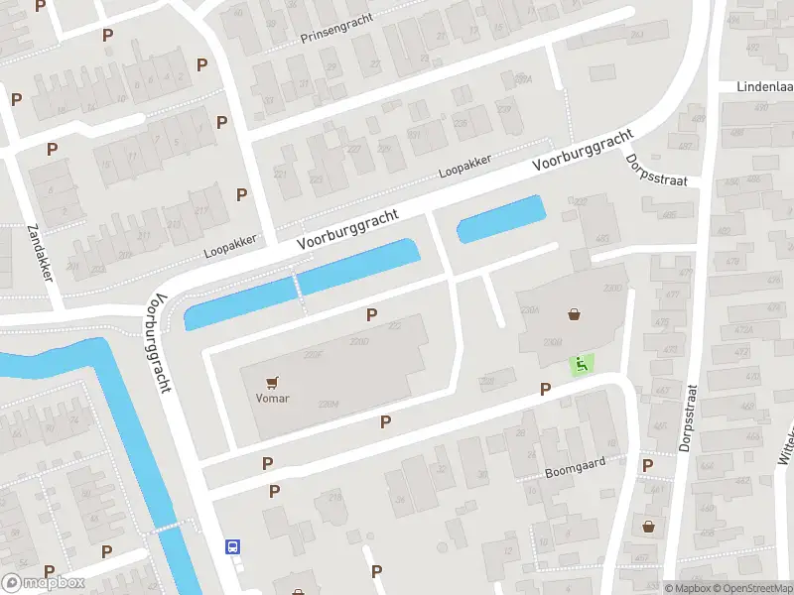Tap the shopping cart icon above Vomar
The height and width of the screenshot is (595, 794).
click(272, 382)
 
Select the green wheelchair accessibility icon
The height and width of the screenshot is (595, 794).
click(580, 364)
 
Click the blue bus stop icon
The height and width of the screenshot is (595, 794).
click(232, 546)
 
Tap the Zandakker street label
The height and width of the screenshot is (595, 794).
click(40, 252)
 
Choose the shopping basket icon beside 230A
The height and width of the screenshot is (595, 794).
click(574, 314)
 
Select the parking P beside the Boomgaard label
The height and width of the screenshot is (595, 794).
click(647, 465)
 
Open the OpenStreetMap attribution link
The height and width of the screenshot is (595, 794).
click(750, 588)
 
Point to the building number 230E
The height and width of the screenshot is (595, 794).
click(314, 354)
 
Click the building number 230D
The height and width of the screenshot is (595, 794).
click(359, 342)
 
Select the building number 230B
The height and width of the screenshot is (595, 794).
click(553, 342)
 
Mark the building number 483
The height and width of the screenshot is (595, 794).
click(602, 238)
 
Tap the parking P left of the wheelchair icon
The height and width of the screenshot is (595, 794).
click(544, 389)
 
